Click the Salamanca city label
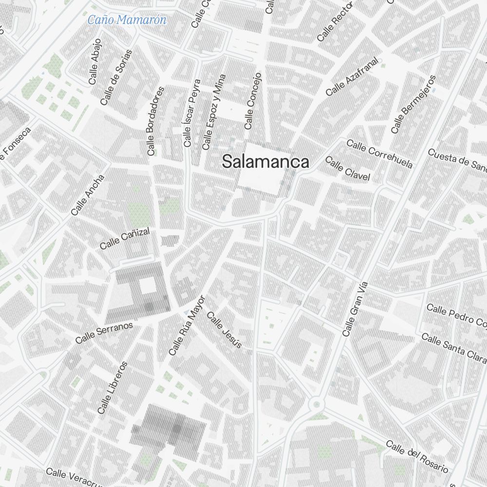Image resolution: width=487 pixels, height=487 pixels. (265, 162)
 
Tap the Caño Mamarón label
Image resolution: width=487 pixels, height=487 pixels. (127, 20)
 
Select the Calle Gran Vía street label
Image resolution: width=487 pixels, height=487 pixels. (355, 309)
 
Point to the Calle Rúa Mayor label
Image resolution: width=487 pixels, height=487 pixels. (187, 325)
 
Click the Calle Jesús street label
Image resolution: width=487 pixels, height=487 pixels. (224, 330)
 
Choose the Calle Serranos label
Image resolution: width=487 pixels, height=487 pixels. (104, 332)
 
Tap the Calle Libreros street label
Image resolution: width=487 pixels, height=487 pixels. (112, 388)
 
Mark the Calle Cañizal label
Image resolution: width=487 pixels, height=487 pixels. (125, 239)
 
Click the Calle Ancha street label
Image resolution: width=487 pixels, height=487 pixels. (88, 195)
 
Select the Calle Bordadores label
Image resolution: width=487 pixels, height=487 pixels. (156, 121)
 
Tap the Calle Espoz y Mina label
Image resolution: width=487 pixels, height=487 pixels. (214, 112)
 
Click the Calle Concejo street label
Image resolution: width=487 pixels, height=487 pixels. (253, 101)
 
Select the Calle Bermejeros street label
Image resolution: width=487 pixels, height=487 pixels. (413, 104)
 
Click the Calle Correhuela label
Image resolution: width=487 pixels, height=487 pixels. (380, 154)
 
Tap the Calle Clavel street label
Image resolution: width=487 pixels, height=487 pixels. (348, 169)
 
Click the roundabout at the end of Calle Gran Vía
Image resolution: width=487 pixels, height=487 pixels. (317, 404)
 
